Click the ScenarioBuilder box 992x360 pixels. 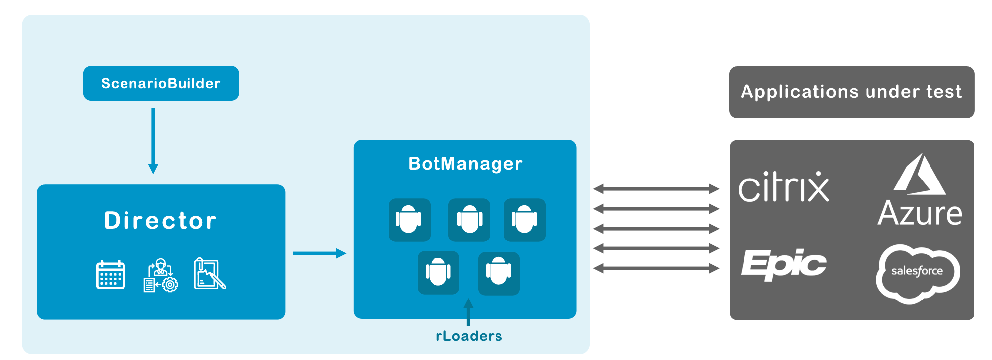click(x=161, y=83)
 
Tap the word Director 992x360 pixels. click(x=161, y=221)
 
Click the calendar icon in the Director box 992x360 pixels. click(x=110, y=275)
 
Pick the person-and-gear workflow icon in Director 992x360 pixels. click(x=161, y=276)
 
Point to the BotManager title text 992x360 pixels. click(x=465, y=164)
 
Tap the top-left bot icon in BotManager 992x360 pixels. click(x=409, y=220)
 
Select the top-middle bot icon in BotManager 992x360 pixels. click(x=469, y=220)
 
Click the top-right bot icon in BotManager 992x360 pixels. click(x=525, y=220)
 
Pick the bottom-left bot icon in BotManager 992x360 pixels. click(x=438, y=273)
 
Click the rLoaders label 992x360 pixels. click(x=469, y=336)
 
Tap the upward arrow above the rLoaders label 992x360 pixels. click(x=468, y=311)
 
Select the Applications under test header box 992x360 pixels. click(x=851, y=92)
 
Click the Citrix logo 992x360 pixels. click(x=784, y=187)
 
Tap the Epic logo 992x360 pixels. click(x=784, y=264)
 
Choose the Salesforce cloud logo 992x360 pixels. click(x=918, y=273)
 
